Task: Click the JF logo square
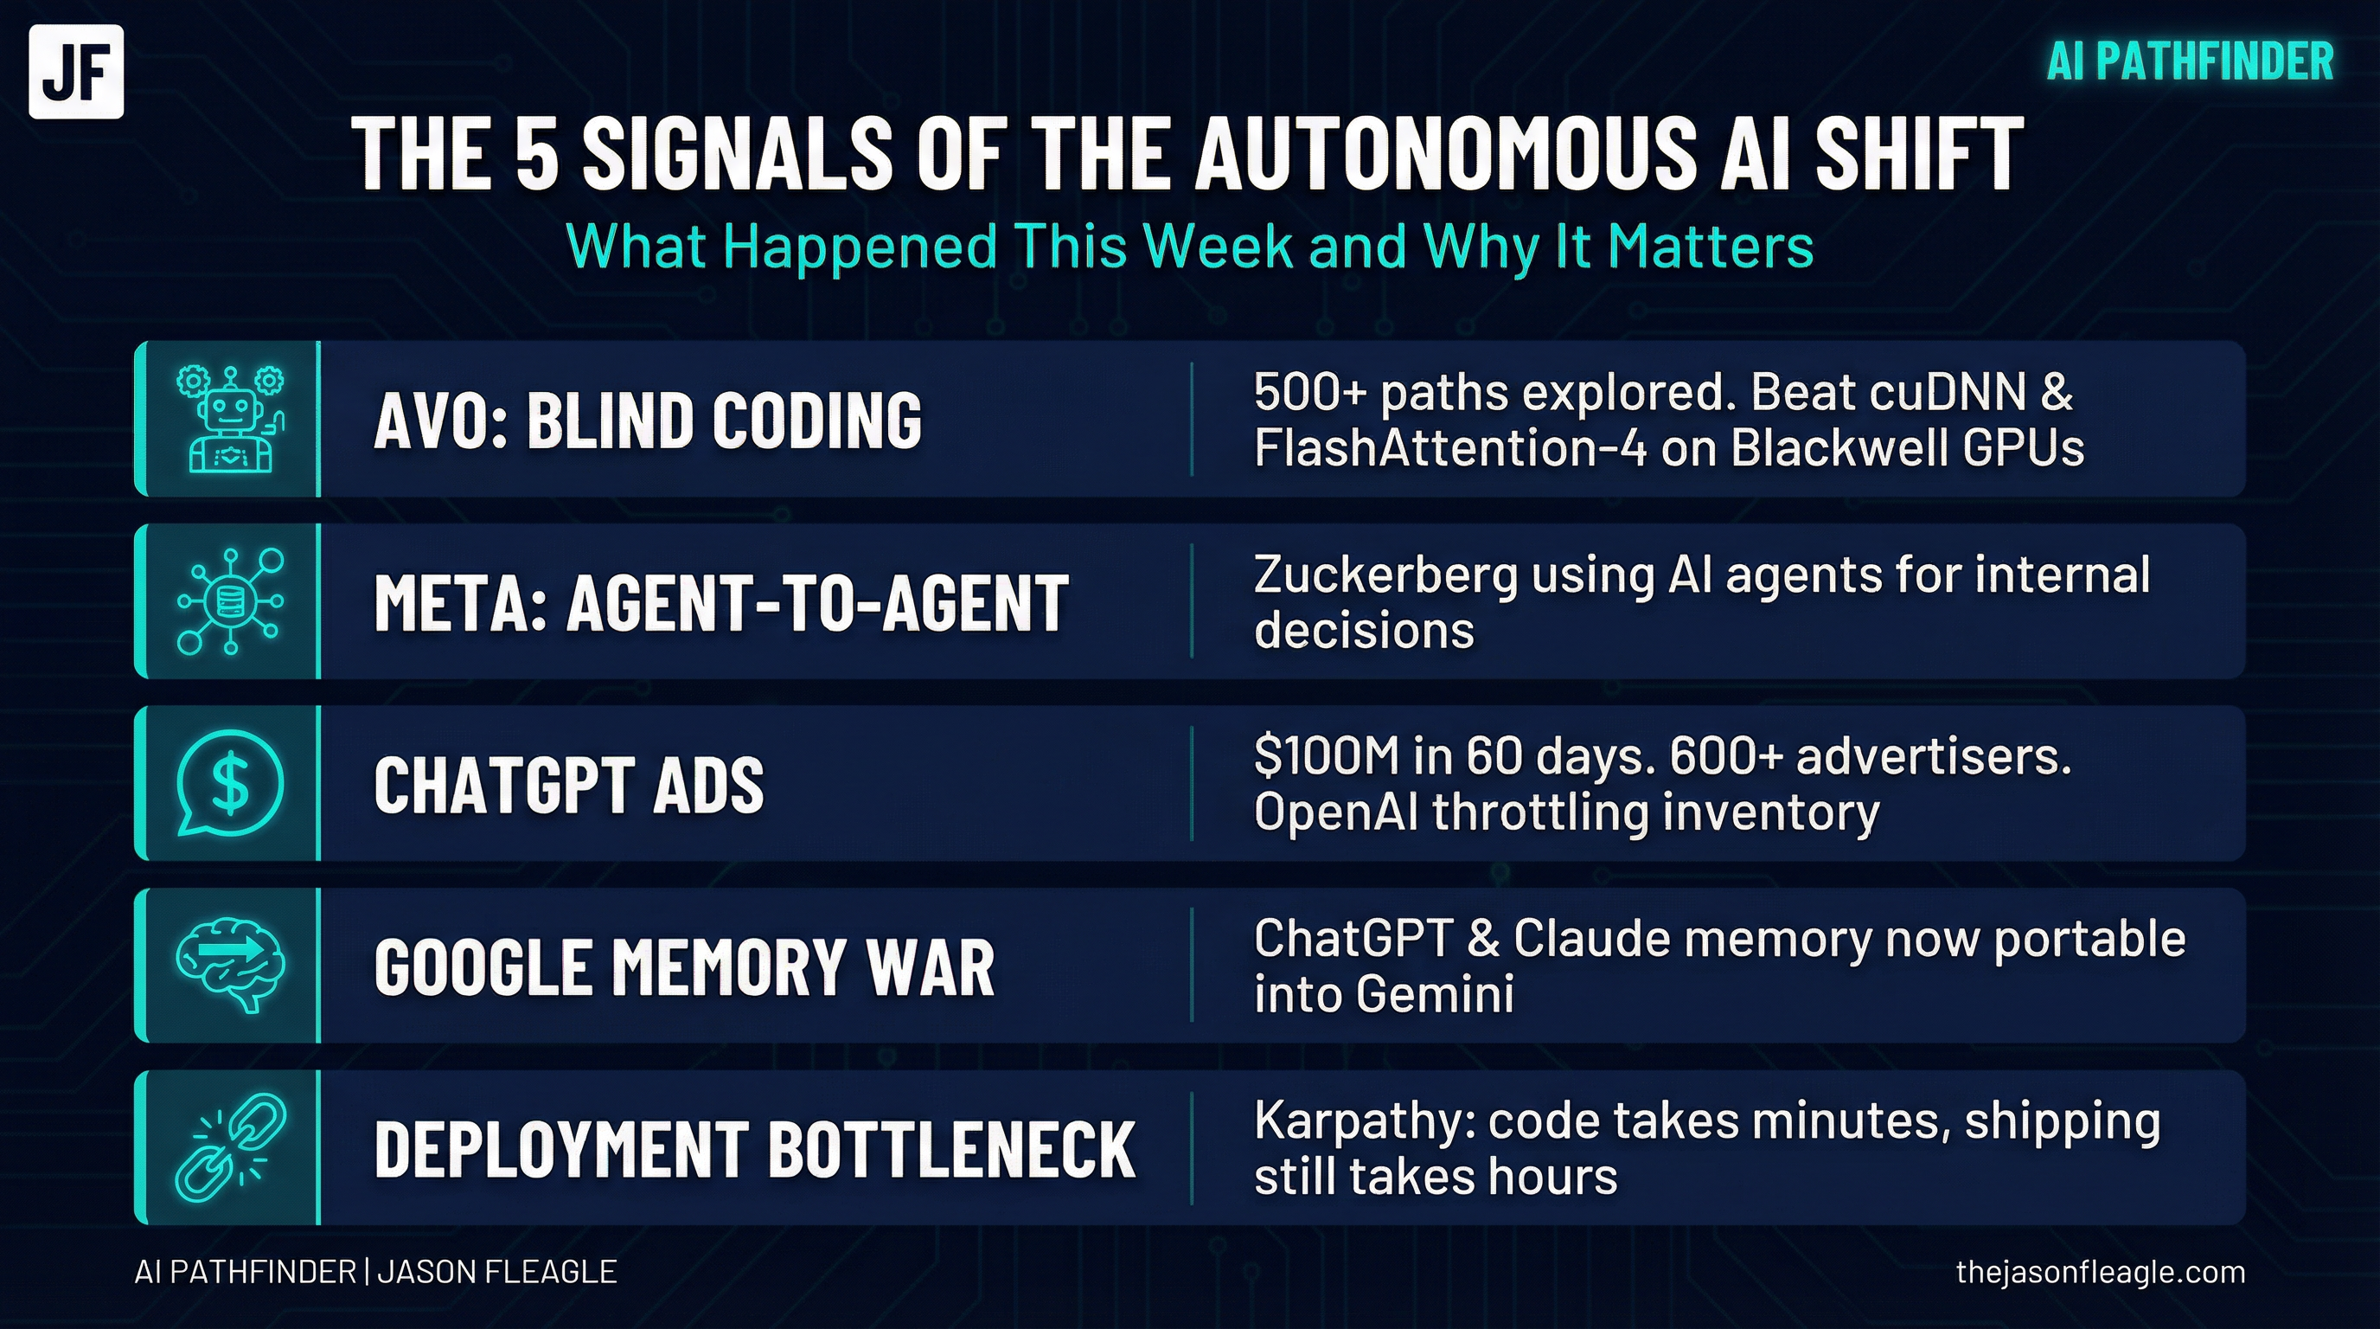click(76, 72)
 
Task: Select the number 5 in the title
click(536, 154)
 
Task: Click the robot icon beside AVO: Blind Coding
click(230, 420)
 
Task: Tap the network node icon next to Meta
click(230, 601)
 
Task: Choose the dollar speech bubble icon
click(230, 783)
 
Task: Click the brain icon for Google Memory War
click(230, 965)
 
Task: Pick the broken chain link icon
click(230, 1147)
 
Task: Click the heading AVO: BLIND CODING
click(647, 421)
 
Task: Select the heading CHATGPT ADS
click(568, 785)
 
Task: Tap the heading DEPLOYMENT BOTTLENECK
click(754, 1149)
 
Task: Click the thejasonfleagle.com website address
click(2100, 1273)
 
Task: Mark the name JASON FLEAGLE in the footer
click(497, 1273)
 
